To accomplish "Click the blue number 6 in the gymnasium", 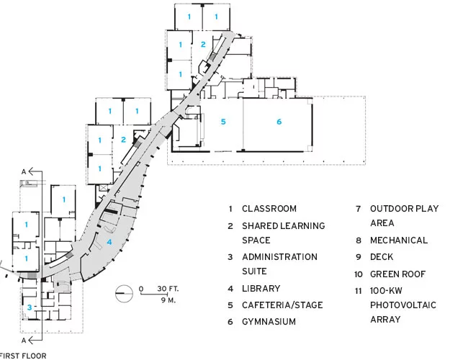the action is pyautogui.click(x=279, y=122).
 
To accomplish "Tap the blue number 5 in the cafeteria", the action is pyautogui.click(x=223, y=122).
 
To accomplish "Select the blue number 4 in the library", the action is pyautogui.click(x=109, y=242).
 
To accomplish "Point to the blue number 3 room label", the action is pyautogui.click(x=30, y=307).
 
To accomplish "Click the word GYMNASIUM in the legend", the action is pyautogui.click(x=269, y=322).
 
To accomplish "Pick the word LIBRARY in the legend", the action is pyautogui.click(x=261, y=288).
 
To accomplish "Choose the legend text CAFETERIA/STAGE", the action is pyautogui.click(x=282, y=305).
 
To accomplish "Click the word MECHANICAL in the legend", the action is pyautogui.click(x=399, y=240).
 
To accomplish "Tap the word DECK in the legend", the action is pyautogui.click(x=382, y=257).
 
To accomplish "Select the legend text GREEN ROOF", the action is pyautogui.click(x=397, y=274).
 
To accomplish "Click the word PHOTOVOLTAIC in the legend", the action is pyautogui.click(x=403, y=305).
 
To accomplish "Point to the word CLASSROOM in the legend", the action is pyautogui.click(x=269, y=208).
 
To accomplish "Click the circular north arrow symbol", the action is pyautogui.click(x=124, y=294).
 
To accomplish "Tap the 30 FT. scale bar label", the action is pyautogui.click(x=168, y=289).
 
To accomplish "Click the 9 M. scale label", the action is pyautogui.click(x=168, y=300).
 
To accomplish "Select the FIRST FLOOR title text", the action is pyautogui.click(x=23, y=356).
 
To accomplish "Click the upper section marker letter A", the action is pyautogui.click(x=24, y=171).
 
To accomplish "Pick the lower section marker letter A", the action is pyautogui.click(x=24, y=341).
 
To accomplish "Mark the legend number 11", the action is pyautogui.click(x=358, y=291).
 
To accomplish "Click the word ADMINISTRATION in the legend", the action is pyautogui.click(x=279, y=257).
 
